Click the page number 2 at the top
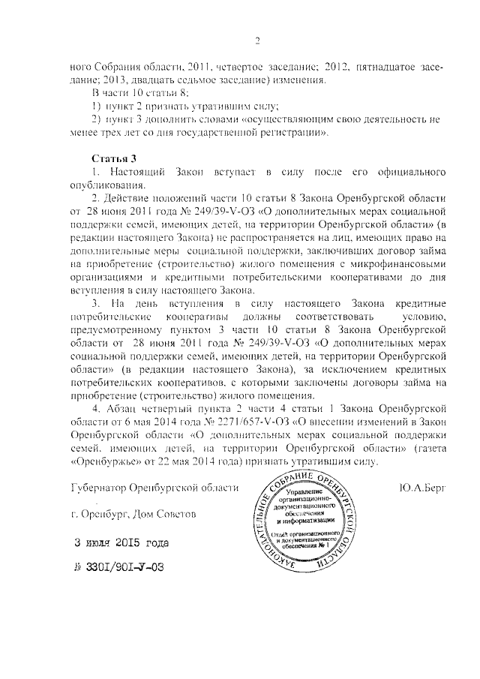click(256, 41)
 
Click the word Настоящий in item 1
click(144, 173)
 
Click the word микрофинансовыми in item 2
click(403, 265)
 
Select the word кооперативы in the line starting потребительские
click(206, 319)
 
